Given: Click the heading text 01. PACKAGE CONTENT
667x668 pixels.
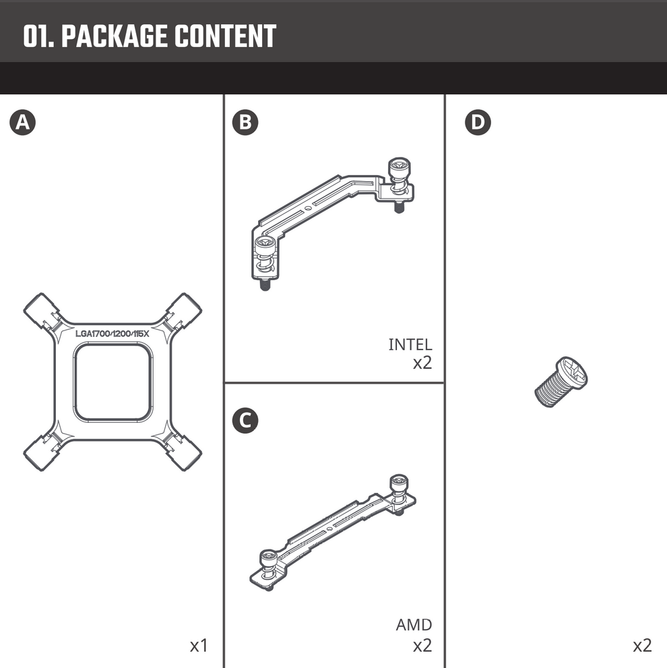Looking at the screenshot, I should pyautogui.click(x=150, y=37).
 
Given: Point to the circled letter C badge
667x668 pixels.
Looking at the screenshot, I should pyautogui.click(x=245, y=421).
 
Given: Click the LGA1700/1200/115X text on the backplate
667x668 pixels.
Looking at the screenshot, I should pyautogui.click(x=112, y=333).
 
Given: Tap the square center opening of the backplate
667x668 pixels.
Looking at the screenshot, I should pyautogui.click(x=112, y=382).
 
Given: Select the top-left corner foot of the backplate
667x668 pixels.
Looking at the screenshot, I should pyautogui.click(x=42, y=311).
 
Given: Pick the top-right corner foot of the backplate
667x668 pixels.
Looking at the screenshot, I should pyautogui.click(x=183, y=311).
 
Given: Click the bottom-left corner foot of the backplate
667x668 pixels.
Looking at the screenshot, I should pyautogui.click(x=42, y=453).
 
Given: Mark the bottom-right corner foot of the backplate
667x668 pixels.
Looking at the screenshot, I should pyautogui.click(x=183, y=453).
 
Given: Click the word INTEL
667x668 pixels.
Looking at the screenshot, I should pyautogui.click(x=410, y=345).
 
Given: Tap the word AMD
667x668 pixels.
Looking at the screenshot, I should pyautogui.click(x=414, y=625).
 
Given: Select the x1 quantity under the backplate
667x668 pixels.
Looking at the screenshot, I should pyautogui.click(x=199, y=646).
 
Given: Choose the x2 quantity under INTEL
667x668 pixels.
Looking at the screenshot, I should pyautogui.click(x=422, y=364).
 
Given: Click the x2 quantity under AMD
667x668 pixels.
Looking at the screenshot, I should pyautogui.click(x=422, y=646).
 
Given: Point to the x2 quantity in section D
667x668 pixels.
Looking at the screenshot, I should pyautogui.click(x=642, y=646).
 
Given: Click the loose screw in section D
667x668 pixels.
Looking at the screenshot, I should pyautogui.click(x=561, y=382).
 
